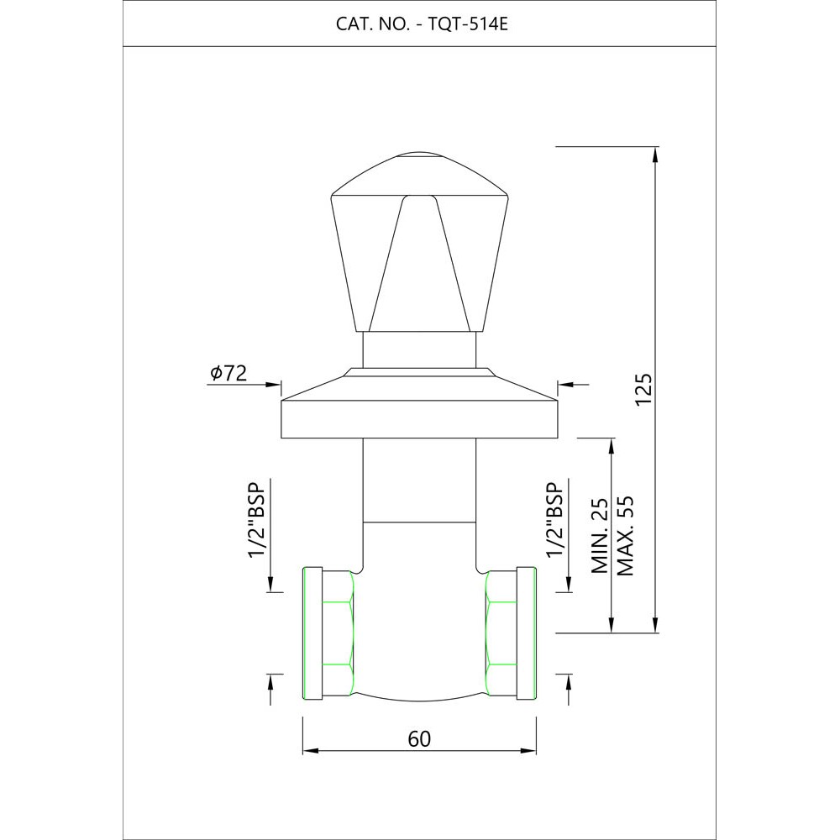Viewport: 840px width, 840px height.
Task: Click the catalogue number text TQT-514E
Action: coord(468,24)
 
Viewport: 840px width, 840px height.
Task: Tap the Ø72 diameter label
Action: coord(228,373)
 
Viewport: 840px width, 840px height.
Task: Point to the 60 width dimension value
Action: coord(419,738)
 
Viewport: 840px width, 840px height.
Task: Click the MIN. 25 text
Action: coord(600,536)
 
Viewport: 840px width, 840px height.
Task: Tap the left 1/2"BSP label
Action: coord(257,520)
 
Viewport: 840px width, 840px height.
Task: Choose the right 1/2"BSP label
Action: coord(555,520)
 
